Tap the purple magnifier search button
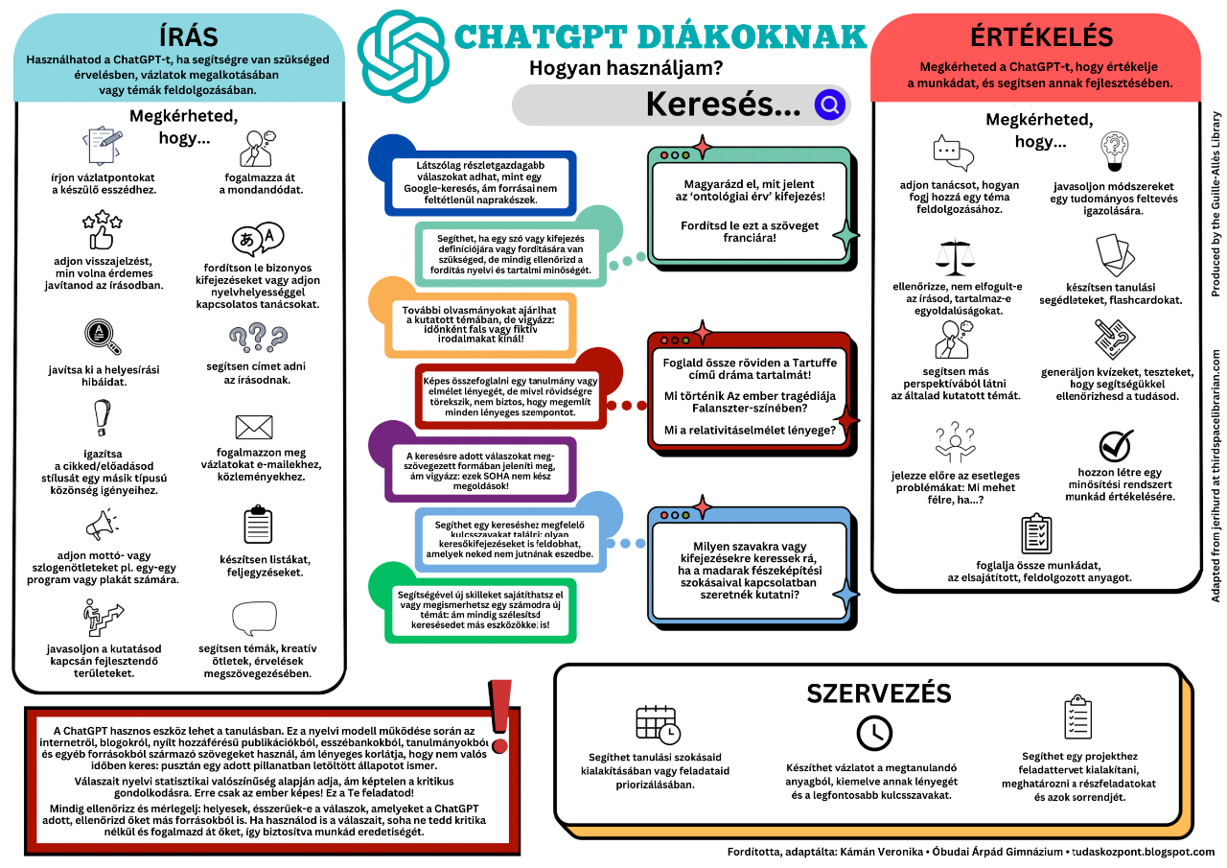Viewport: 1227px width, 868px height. click(829, 105)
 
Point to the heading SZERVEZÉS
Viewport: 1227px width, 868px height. click(879, 693)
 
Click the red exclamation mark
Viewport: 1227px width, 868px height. click(499, 715)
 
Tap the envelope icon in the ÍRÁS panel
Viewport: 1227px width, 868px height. click(253, 427)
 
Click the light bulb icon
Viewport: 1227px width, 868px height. click(1115, 152)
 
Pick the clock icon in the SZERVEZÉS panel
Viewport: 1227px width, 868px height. click(873, 733)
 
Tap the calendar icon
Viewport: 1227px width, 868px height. click(657, 724)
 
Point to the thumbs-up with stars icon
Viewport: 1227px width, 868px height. click(103, 230)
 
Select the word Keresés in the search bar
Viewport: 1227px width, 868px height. click(723, 105)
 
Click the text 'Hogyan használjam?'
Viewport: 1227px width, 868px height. click(626, 68)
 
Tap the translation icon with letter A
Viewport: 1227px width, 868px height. click(257, 238)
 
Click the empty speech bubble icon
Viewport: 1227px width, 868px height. click(253, 619)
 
